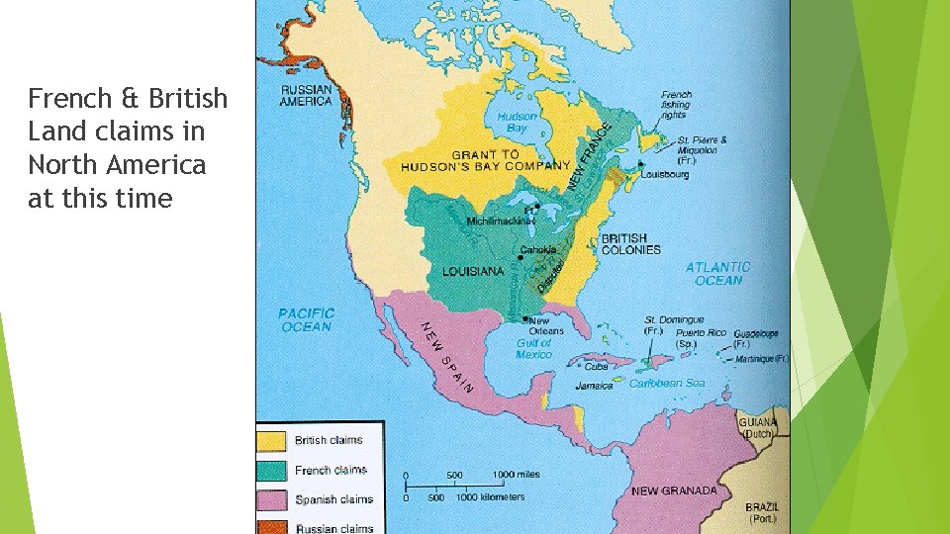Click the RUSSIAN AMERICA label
pos(307,95)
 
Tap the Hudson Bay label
pos(517,122)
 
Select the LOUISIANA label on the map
pos(473,271)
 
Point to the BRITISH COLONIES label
pos(630,244)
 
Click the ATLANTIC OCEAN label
pos(717,274)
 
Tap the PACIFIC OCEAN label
pos(306,319)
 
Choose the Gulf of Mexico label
pos(534,348)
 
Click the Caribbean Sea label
pos(667,384)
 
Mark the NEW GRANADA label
pos(673,490)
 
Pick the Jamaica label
pos(594,386)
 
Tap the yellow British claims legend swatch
pos(271,440)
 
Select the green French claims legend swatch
pos(271,470)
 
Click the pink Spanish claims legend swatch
pos(271,499)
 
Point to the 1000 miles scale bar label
pos(517,475)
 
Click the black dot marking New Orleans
pos(523,318)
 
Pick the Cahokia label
pos(540,249)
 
